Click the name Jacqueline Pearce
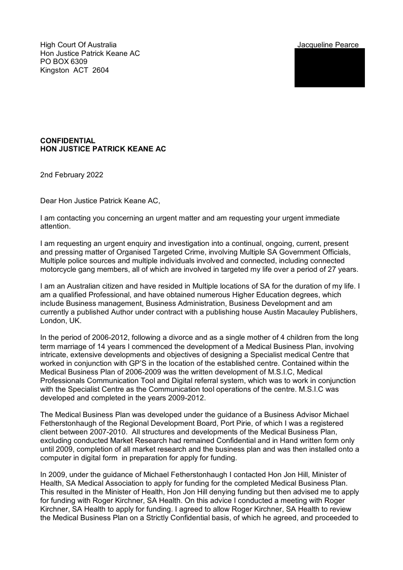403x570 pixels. [328, 45]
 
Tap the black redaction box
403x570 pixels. [329, 68]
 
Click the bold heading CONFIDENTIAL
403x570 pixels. [68, 141]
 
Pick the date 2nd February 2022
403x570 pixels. [72, 175]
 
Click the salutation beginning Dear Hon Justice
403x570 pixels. [100, 201]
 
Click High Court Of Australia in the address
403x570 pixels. [78, 45]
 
